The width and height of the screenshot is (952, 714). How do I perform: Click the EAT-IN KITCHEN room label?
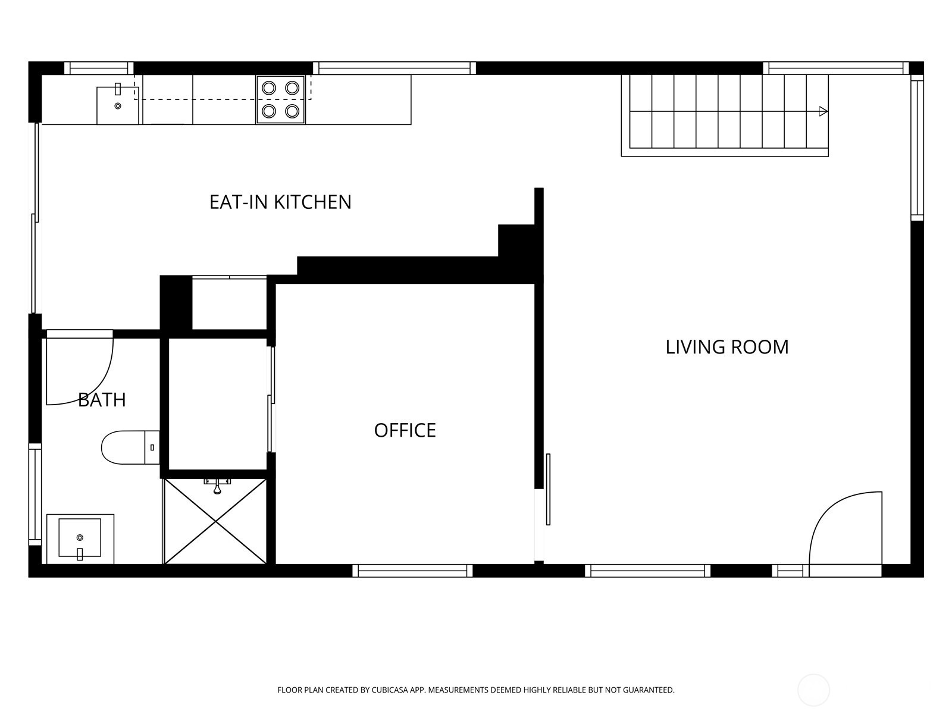[x=280, y=202]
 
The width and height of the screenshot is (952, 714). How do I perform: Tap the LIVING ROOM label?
[x=727, y=347]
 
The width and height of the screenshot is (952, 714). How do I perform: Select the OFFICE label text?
[x=405, y=430]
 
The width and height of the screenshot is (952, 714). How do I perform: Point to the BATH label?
[x=102, y=400]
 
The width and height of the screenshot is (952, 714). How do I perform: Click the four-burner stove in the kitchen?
[x=281, y=100]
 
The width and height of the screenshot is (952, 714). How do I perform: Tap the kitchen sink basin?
[x=118, y=105]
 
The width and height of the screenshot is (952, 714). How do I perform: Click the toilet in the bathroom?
[x=130, y=447]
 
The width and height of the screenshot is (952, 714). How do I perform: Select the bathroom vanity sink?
[x=80, y=537]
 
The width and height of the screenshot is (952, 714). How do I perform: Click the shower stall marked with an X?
[x=215, y=522]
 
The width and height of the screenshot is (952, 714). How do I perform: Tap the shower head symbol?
[x=217, y=486]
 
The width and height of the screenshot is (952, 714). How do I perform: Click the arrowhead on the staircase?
[x=823, y=111]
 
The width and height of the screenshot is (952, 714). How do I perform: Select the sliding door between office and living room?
[x=548, y=490]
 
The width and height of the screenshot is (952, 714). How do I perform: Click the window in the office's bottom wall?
[x=412, y=571]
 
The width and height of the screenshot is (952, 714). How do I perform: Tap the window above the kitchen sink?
[x=99, y=68]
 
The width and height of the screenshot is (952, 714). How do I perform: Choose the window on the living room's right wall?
[x=917, y=148]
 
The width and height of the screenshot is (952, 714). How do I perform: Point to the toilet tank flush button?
[x=152, y=447]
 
